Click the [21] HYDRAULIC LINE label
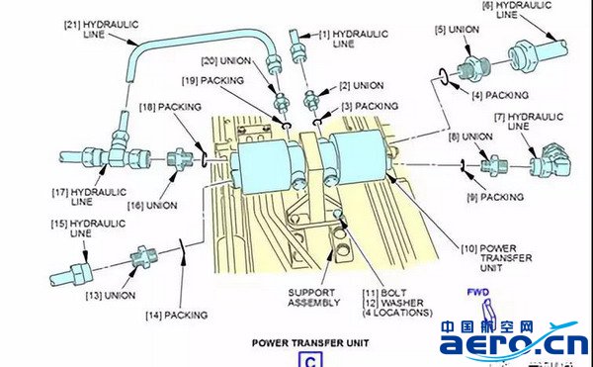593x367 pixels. tap(102, 29)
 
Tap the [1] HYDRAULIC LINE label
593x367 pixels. tap(354, 39)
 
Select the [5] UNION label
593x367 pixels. tap(457, 30)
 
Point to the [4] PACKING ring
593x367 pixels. tap(444, 76)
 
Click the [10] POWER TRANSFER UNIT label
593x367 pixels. tap(496, 258)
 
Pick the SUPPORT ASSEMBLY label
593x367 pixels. tap(314, 298)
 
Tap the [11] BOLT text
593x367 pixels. tap(384, 293)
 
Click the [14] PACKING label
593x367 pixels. tap(177, 315)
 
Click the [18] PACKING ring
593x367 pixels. tap(204, 159)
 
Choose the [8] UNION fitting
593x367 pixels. tap(494, 166)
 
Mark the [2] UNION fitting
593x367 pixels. tap(311, 100)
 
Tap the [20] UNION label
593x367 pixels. tap(226, 60)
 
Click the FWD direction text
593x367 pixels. tap(478, 292)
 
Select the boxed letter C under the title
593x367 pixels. tap(310, 360)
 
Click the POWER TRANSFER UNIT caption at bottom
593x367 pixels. tap(310, 343)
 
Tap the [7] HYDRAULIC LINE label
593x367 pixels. tap(529, 121)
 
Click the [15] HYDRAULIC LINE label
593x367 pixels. tap(88, 229)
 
